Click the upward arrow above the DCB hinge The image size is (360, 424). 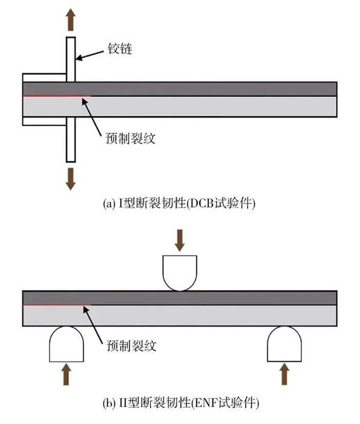(x=71, y=19)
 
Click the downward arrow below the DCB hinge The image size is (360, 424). (x=71, y=179)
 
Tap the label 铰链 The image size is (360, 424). (x=120, y=49)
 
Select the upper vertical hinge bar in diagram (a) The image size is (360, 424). (x=71, y=59)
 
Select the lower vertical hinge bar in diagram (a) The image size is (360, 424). (x=71, y=139)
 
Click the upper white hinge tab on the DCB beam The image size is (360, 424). (x=44, y=78)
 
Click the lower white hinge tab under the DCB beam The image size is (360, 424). (x=44, y=121)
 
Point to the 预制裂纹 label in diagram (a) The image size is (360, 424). (x=131, y=138)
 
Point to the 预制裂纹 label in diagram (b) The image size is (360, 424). (x=131, y=346)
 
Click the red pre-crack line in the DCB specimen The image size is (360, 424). (x=57, y=96)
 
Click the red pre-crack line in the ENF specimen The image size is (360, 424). (x=57, y=305)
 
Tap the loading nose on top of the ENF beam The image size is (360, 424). (x=180, y=273)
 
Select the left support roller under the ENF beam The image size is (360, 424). (x=67, y=344)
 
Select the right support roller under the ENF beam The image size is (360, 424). (x=284, y=344)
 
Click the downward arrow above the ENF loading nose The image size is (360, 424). (x=180, y=240)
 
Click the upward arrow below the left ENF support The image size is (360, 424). (x=66, y=374)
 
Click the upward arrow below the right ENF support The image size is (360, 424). (x=284, y=374)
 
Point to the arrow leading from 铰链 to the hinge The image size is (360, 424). (x=90, y=55)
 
